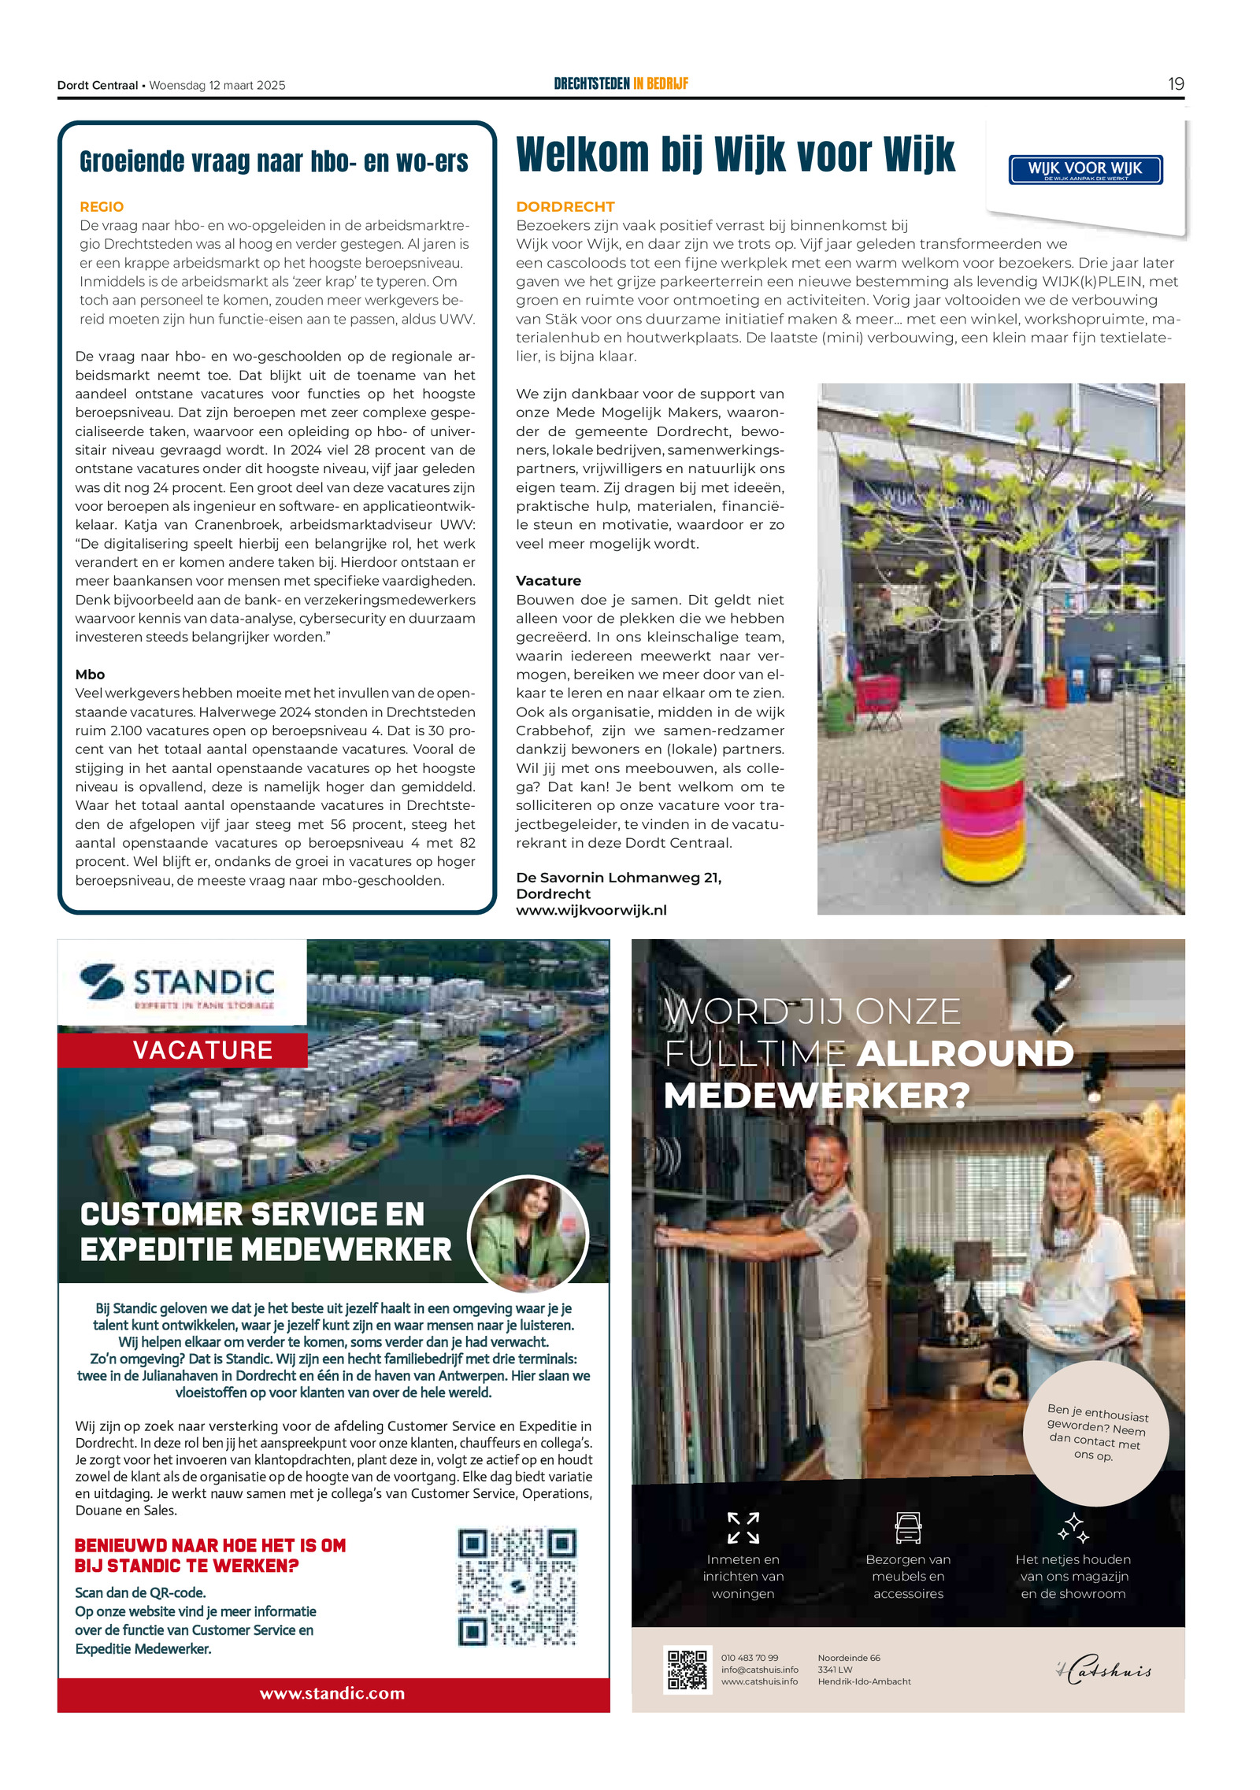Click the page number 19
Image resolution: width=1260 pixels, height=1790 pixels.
(1175, 84)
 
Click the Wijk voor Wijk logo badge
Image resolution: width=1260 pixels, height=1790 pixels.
(1085, 169)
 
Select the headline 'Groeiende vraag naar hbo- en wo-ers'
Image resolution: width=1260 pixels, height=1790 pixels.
(273, 161)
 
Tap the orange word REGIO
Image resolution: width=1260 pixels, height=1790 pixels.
(102, 207)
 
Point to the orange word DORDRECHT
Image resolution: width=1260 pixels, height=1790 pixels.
(565, 207)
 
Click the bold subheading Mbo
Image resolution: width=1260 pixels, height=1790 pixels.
(90, 675)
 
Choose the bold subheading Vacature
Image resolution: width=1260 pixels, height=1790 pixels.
(548, 581)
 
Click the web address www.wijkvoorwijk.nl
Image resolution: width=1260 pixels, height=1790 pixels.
(591, 910)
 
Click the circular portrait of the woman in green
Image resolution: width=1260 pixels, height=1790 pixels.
(528, 1235)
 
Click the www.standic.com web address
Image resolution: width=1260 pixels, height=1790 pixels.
(332, 1693)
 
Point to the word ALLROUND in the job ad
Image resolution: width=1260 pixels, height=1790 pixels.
(965, 1054)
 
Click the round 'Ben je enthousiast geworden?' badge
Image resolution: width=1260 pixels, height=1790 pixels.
(1097, 1433)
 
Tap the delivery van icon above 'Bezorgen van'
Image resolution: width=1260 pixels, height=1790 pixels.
(908, 1528)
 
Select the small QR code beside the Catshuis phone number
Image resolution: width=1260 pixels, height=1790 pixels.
(687, 1669)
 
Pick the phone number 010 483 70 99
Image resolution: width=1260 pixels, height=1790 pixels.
(750, 1658)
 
